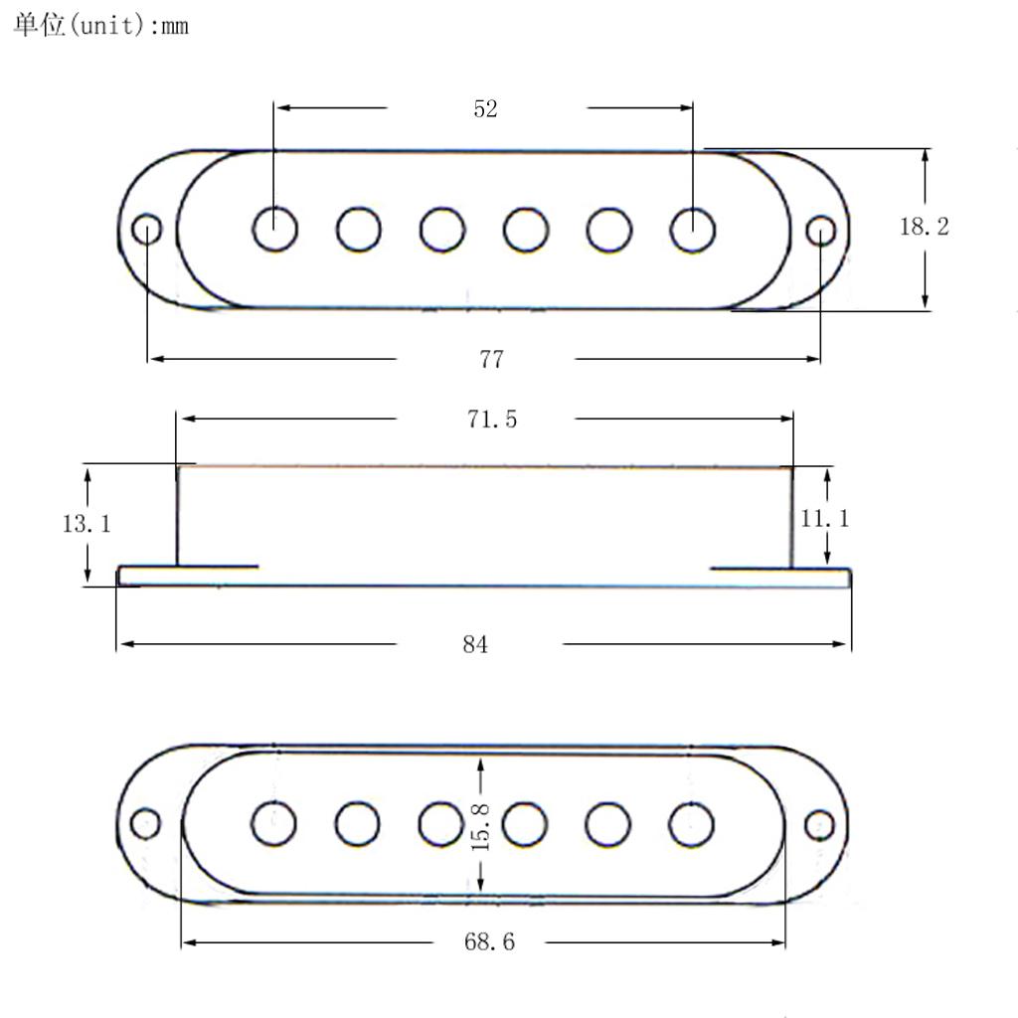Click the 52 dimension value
point(485,109)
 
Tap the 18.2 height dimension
point(925,227)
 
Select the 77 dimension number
point(491,360)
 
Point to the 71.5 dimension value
point(492,420)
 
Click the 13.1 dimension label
point(87,524)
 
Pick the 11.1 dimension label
point(825,518)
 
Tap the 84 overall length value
point(475,645)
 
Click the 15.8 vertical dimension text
point(480,824)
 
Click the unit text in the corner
point(100,26)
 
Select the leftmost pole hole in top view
point(275,230)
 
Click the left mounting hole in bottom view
point(145,824)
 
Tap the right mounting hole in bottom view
point(819,824)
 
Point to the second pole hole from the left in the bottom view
point(358,823)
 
